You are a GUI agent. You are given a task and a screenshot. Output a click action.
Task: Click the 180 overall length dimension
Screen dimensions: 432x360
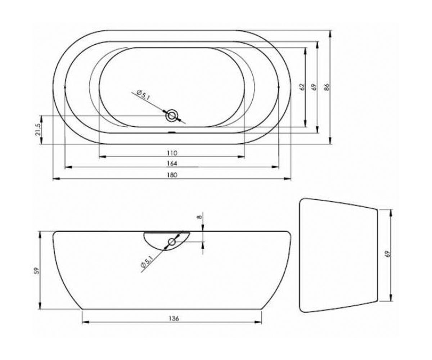pyautogui.click(x=172, y=175)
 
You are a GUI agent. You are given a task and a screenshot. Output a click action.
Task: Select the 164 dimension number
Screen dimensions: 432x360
pyautogui.click(x=172, y=163)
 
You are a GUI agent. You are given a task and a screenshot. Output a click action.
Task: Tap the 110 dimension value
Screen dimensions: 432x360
pyautogui.click(x=172, y=153)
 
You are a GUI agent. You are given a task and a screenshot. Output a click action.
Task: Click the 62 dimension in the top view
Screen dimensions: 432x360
pyautogui.click(x=302, y=87)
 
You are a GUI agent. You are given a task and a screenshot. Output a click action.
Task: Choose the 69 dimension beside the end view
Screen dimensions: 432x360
pyautogui.click(x=388, y=254)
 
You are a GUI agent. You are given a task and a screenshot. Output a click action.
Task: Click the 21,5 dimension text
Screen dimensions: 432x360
pyautogui.click(x=38, y=130)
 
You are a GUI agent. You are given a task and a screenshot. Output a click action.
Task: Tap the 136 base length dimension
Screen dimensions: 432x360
pyautogui.click(x=174, y=318)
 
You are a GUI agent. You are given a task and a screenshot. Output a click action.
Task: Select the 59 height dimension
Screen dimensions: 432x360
pyautogui.click(x=36, y=271)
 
